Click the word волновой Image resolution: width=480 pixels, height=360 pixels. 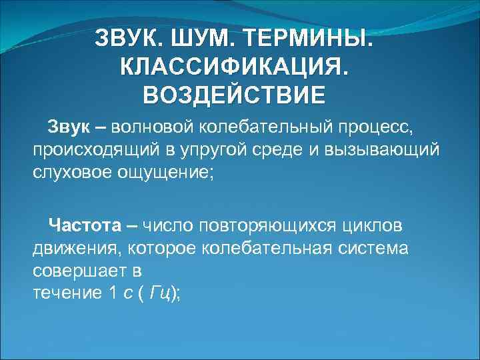tap(151, 127)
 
